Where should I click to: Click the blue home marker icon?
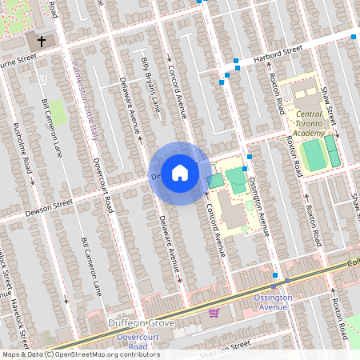click(x=180, y=172)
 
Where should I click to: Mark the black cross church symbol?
click(x=39, y=40)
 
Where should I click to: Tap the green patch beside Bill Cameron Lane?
click(x=58, y=111)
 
